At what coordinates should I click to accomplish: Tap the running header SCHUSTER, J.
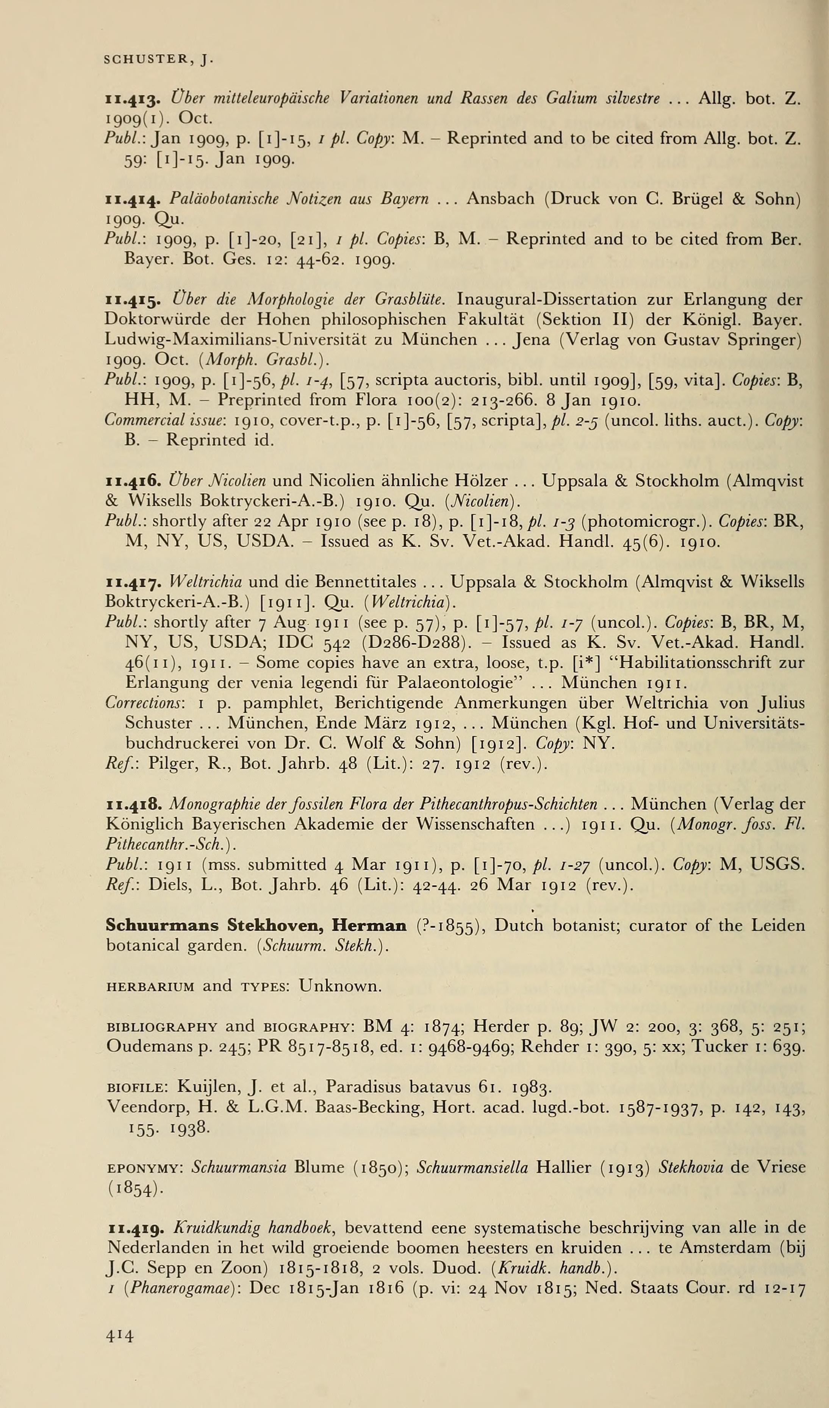click(x=159, y=59)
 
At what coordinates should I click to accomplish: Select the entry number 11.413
click(x=133, y=100)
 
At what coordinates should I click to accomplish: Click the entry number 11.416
click(x=133, y=481)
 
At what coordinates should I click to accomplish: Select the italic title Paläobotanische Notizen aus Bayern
click(x=299, y=199)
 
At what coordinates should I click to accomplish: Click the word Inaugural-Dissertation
click(x=546, y=300)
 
